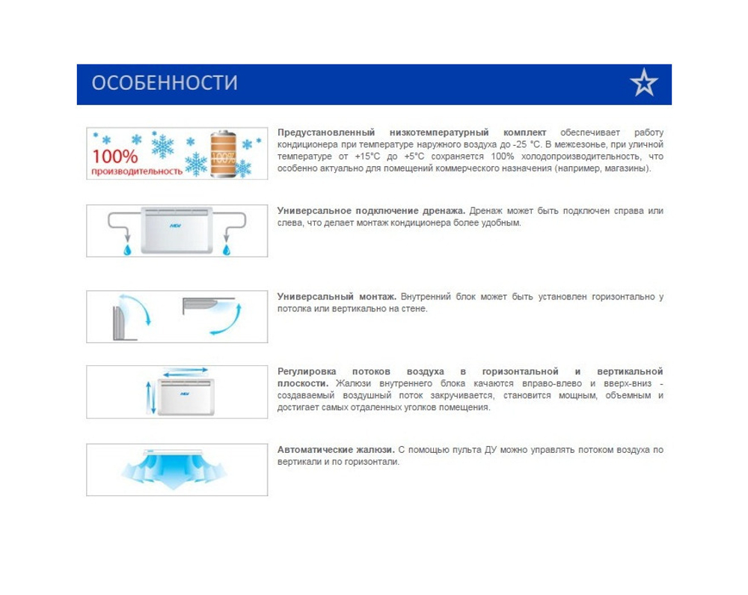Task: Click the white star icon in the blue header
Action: (x=643, y=83)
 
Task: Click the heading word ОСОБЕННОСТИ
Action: (x=165, y=83)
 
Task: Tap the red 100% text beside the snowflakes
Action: (x=115, y=157)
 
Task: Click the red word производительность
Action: (x=137, y=171)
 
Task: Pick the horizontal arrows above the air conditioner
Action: (x=184, y=371)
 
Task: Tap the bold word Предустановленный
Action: (x=325, y=132)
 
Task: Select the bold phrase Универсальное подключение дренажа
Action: (x=372, y=211)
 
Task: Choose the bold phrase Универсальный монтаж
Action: (x=337, y=297)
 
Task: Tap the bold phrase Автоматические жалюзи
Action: (x=336, y=450)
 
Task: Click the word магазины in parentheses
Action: (x=627, y=168)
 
